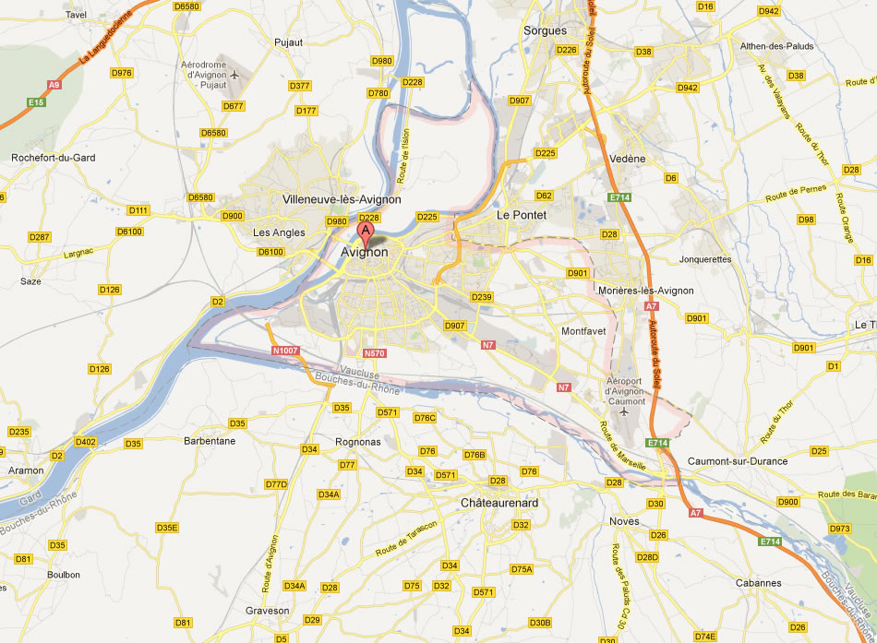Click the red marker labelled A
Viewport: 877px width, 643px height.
pos(366,231)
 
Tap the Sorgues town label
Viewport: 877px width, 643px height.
pos(545,30)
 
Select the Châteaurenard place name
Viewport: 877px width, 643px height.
pos(499,503)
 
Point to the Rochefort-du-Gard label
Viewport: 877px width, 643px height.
pos(53,158)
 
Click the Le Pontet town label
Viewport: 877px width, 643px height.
pos(522,215)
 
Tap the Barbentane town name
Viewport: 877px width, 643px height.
pos(210,441)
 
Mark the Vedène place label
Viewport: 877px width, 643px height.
pos(628,159)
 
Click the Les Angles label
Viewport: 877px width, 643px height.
pos(279,232)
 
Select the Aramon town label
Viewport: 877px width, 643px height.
pos(25,470)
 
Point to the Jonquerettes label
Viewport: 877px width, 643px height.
pos(704,259)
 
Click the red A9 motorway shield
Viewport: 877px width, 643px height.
pos(54,84)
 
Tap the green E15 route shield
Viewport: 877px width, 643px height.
pos(36,101)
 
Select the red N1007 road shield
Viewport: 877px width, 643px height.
pos(286,351)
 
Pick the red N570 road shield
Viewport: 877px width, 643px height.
pos(374,353)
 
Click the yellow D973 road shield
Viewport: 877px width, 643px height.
pos(839,529)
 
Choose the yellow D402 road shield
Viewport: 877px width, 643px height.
pos(86,442)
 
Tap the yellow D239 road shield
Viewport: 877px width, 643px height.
pos(481,297)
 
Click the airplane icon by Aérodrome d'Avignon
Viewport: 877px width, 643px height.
pos(234,74)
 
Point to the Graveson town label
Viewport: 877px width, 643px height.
pos(267,611)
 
